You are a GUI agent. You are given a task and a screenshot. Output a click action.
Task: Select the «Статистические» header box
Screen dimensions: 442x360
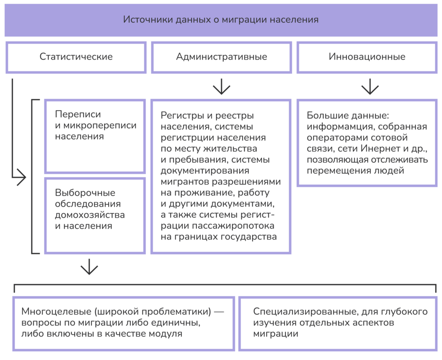coord(76,57)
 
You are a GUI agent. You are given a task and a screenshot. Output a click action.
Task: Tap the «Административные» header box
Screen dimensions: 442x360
coord(222,57)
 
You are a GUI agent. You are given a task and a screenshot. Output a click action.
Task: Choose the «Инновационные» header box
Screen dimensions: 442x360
coord(367,57)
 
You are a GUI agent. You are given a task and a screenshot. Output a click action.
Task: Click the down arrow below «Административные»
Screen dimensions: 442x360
coord(222,87)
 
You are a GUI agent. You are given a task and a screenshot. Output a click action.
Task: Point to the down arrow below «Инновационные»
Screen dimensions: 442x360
coord(370,87)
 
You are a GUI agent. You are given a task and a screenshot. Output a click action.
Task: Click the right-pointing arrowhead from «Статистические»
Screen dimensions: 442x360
coord(21,177)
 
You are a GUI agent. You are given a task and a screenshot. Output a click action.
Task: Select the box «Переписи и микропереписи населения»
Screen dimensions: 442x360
coord(95,136)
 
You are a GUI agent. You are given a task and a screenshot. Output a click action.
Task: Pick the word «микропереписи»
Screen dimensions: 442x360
coord(100,126)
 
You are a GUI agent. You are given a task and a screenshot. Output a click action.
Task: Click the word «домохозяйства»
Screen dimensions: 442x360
coord(90,215)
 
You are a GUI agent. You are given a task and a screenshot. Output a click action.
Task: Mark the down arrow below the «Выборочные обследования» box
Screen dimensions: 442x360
coord(90,267)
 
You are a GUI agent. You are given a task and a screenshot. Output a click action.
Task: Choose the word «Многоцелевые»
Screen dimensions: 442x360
coord(56,312)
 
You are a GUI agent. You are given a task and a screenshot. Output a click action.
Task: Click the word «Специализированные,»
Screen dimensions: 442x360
coord(306,312)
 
